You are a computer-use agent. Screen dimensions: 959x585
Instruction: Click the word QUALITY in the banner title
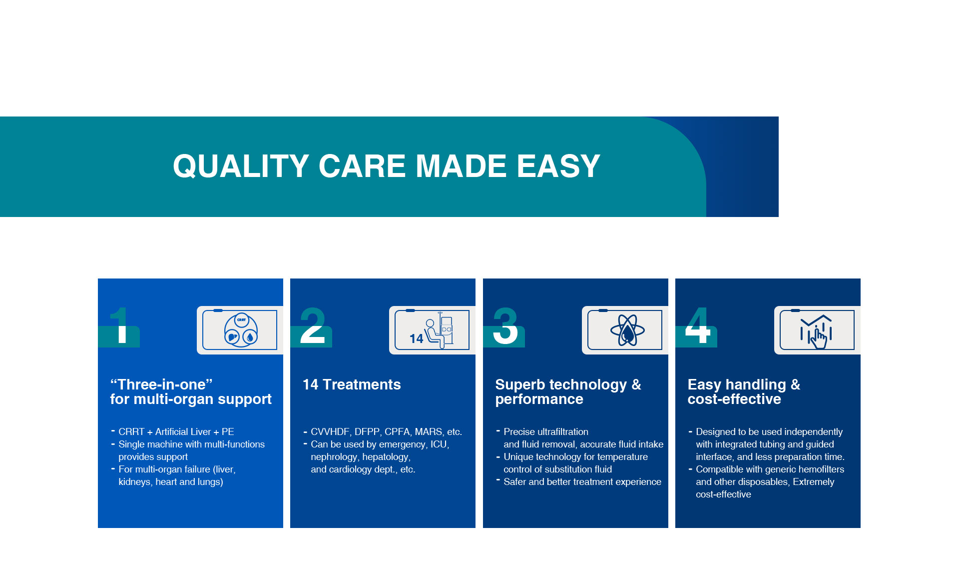coord(241,166)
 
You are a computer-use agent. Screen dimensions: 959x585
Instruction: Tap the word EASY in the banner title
coord(558,166)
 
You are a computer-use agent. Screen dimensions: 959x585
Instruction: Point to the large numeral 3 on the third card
coord(505,325)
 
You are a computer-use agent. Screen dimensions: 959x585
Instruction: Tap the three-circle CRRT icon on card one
coord(241,330)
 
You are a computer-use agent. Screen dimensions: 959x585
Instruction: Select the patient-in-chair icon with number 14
coord(431,330)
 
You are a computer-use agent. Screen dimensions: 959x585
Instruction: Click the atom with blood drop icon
coord(627,330)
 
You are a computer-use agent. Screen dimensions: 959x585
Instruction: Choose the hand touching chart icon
coord(817,331)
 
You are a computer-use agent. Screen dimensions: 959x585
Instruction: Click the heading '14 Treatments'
coord(352,384)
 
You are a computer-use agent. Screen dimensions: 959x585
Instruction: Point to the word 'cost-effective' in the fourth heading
coord(734,399)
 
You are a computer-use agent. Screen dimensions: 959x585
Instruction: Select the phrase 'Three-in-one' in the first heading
coord(161,384)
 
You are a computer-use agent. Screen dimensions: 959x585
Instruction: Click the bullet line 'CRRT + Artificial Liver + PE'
coord(176,431)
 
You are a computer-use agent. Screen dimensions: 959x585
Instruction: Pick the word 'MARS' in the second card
coord(429,431)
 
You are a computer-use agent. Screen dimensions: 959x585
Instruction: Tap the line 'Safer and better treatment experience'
coord(582,481)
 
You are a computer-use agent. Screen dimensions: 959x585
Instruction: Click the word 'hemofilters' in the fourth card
coord(818,469)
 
